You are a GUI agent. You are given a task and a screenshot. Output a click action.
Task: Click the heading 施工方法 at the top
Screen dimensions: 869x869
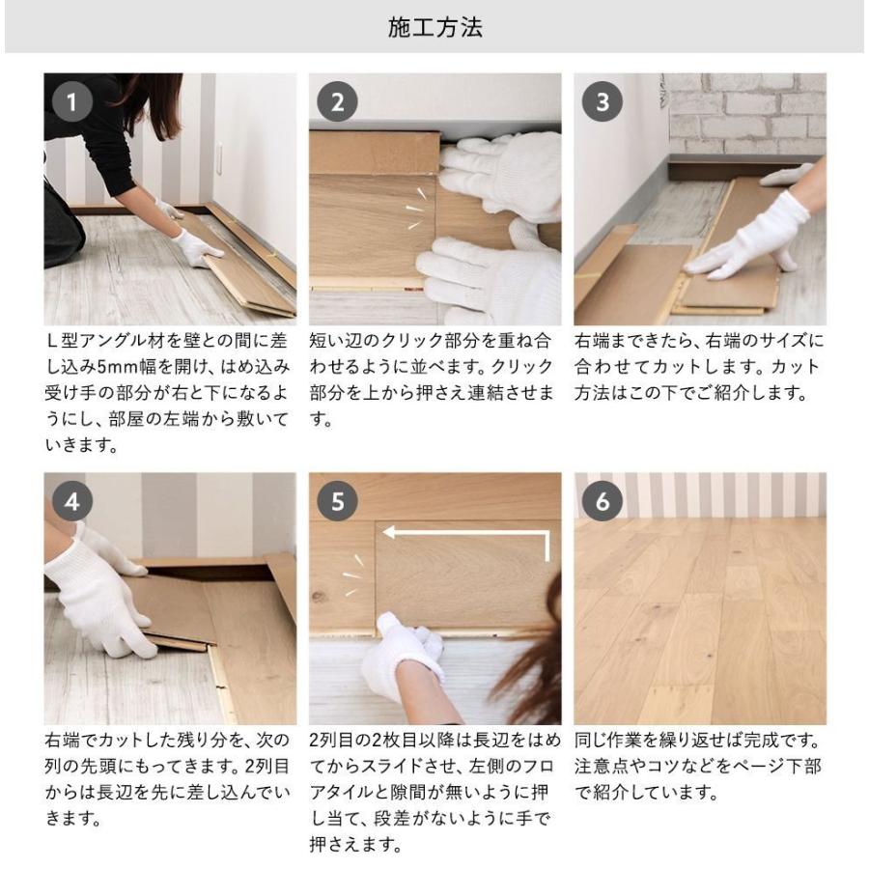point(435,28)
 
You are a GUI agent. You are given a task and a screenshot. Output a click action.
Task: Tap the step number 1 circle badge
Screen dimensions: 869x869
point(72,102)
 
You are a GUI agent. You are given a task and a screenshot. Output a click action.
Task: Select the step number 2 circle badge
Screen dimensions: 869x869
point(337,102)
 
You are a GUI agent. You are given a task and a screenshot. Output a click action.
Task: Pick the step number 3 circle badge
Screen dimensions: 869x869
point(602,102)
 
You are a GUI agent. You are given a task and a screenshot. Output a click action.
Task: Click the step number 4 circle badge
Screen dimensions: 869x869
point(72,501)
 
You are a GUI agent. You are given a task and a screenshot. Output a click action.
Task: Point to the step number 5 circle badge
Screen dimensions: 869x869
point(337,501)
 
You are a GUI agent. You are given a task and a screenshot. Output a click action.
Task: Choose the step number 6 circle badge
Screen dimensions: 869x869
point(602,501)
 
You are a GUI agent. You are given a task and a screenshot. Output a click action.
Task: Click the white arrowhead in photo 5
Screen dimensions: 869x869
point(389,533)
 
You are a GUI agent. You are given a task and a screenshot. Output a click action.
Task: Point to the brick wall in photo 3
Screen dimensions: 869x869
point(746,114)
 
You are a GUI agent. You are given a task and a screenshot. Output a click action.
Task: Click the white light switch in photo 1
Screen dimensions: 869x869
point(219,157)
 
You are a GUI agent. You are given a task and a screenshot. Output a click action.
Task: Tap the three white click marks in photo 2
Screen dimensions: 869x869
point(415,209)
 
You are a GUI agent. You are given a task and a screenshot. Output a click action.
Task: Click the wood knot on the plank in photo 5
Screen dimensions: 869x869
point(319,597)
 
